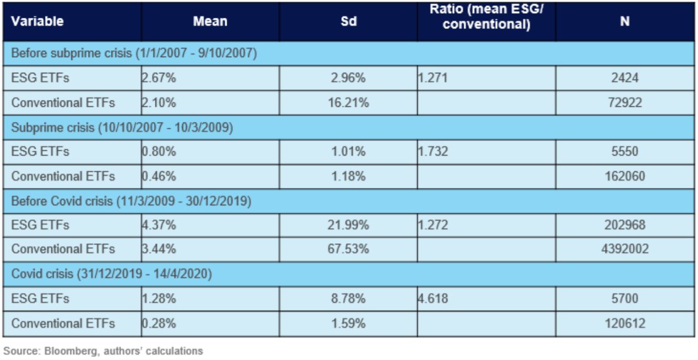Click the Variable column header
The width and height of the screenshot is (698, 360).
point(37,21)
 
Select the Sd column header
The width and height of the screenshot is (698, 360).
point(348,21)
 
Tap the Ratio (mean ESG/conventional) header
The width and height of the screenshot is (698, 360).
point(487,17)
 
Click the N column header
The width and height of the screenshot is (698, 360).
point(625,21)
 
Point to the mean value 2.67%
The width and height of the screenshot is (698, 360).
point(159,77)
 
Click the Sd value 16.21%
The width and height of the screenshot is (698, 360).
point(348,103)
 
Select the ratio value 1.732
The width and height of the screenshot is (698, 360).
point(433,151)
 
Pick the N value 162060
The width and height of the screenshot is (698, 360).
point(625,176)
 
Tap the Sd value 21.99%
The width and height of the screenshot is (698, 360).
point(348,224)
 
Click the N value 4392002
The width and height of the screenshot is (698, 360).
point(625,249)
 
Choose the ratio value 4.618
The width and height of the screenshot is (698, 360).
point(433,298)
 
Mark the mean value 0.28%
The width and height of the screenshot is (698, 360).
point(159,323)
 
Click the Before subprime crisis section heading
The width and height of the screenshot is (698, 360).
point(134,53)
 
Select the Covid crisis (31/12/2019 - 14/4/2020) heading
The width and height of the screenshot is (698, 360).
point(111,274)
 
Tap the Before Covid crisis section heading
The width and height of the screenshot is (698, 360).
point(131,201)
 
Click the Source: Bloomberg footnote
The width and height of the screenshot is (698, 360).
point(103,351)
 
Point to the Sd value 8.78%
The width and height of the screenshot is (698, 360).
point(348,298)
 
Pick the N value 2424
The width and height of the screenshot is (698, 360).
point(625,77)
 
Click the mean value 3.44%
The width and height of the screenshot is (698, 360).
point(159,249)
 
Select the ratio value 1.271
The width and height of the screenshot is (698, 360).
point(433,77)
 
